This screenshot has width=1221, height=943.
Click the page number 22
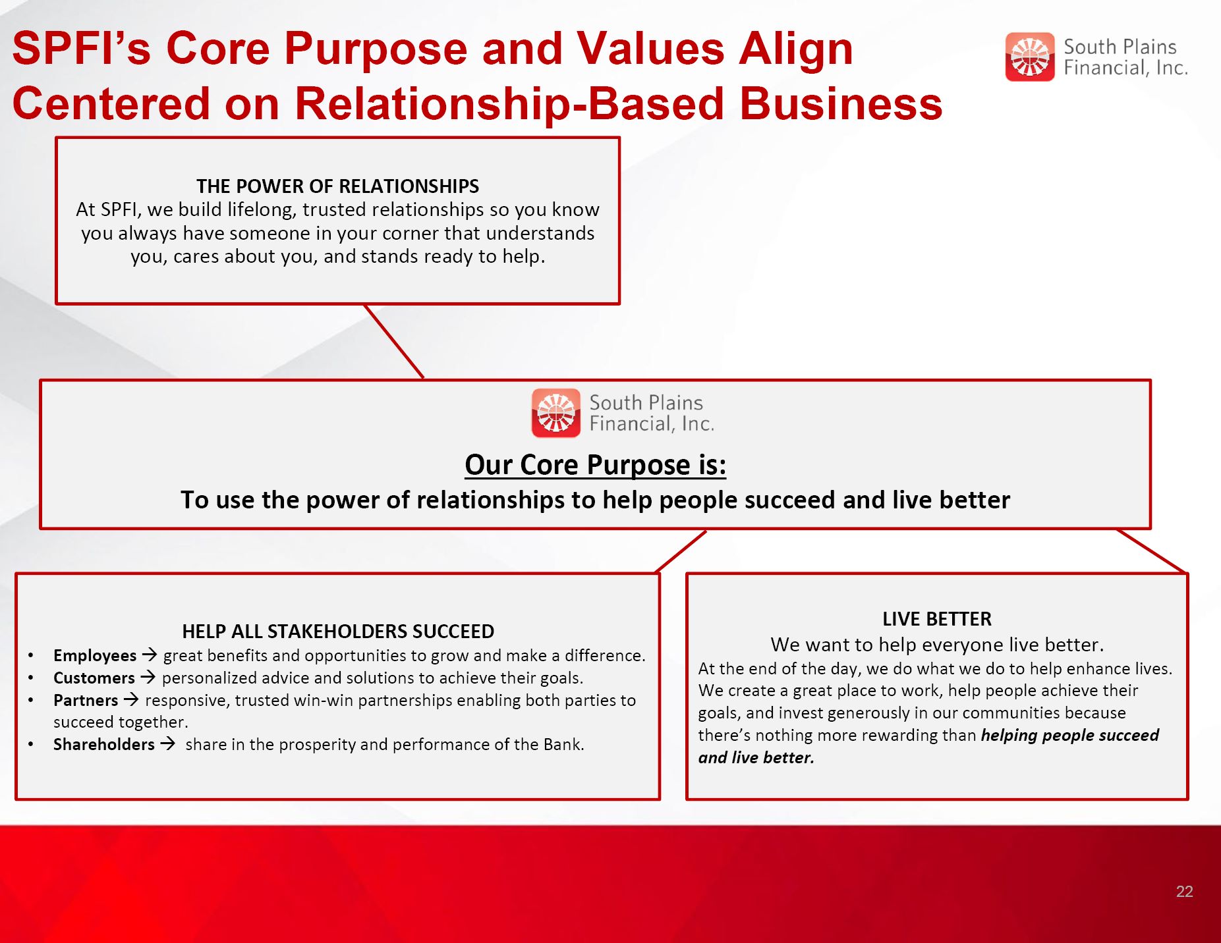click(x=1184, y=891)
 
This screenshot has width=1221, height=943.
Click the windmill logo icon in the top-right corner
click(x=1030, y=57)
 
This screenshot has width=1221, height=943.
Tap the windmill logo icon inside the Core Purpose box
click(x=556, y=413)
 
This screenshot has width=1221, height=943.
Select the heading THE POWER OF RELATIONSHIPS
click(x=337, y=186)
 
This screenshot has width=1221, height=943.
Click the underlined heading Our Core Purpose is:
click(x=596, y=465)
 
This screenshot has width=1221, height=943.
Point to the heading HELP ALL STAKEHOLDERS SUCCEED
click(x=338, y=632)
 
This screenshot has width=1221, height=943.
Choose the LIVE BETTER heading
click(x=937, y=619)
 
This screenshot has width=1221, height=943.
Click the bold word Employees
click(x=95, y=656)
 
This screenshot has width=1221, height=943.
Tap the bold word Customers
click(x=94, y=678)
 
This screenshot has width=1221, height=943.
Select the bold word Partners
click(x=86, y=700)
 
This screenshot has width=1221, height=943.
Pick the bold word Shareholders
click(x=104, y=744)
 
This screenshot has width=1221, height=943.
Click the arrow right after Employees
click(x=150, y=655)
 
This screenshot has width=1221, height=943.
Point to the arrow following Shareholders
click(x=168, y=743)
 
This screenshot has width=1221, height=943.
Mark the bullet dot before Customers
click(x=31, y=678)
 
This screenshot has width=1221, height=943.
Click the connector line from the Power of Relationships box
click(x=394, y=342)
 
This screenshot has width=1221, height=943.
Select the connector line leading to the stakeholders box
click(x=681, y=551)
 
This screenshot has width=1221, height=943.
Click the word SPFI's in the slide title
click(x=82, y=49)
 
